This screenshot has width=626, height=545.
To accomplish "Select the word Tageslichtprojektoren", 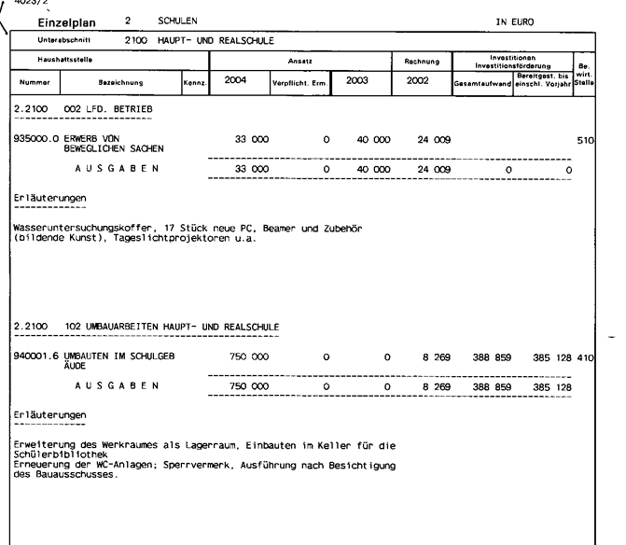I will (x=197, y=238).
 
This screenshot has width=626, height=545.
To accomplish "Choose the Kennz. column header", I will (x=193, y=85).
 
